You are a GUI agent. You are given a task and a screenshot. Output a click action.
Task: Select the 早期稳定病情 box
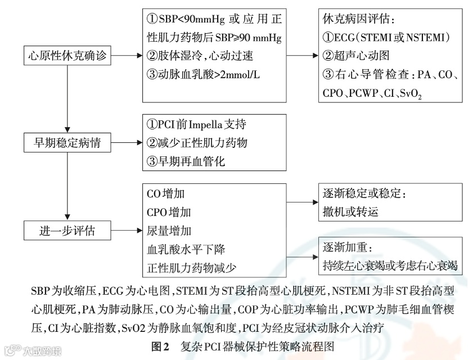[x=66, y=143]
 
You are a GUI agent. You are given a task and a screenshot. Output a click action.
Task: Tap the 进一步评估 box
[x=66, y=230]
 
